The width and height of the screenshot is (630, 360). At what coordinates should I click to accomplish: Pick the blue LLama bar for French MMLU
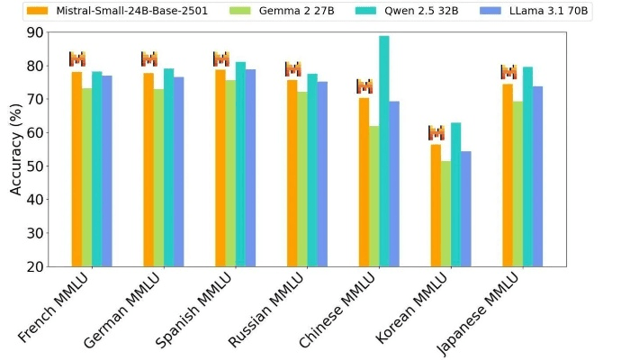[x=107, y=171]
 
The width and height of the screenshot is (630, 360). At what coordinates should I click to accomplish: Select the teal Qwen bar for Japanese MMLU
[x=528, y=166]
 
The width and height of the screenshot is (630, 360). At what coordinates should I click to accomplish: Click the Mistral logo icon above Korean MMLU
[x=436, y=133]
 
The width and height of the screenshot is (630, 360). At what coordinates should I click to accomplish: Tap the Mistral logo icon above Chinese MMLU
[x=364, y=86]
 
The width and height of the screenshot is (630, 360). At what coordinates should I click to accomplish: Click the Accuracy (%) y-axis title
[x=16, y=148]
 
